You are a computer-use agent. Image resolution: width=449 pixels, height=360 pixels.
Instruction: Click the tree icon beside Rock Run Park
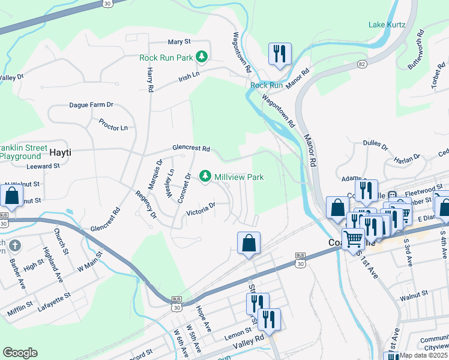pyautogui.click(x=203, y=58)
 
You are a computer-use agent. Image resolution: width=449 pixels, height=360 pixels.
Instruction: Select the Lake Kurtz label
pyautogui.click(x=387, y=25)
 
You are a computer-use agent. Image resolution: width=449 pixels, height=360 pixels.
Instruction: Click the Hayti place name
pyautogui.click(x=59, y=152)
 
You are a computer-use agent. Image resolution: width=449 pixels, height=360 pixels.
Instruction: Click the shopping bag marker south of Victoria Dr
pyautogui.click(x=249, y=243)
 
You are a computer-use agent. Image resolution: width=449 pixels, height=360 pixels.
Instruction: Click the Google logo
pyautogui.click(x=20, y=353)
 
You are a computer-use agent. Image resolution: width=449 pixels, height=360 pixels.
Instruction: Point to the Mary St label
pyautogui.click(x=179, y=42)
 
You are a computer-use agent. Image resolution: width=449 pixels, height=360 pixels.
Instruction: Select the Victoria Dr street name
pyautogui.click(x=201, y=209)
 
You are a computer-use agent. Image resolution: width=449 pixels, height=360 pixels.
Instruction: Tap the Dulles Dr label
pyautogui.click(x=377, y=143)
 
